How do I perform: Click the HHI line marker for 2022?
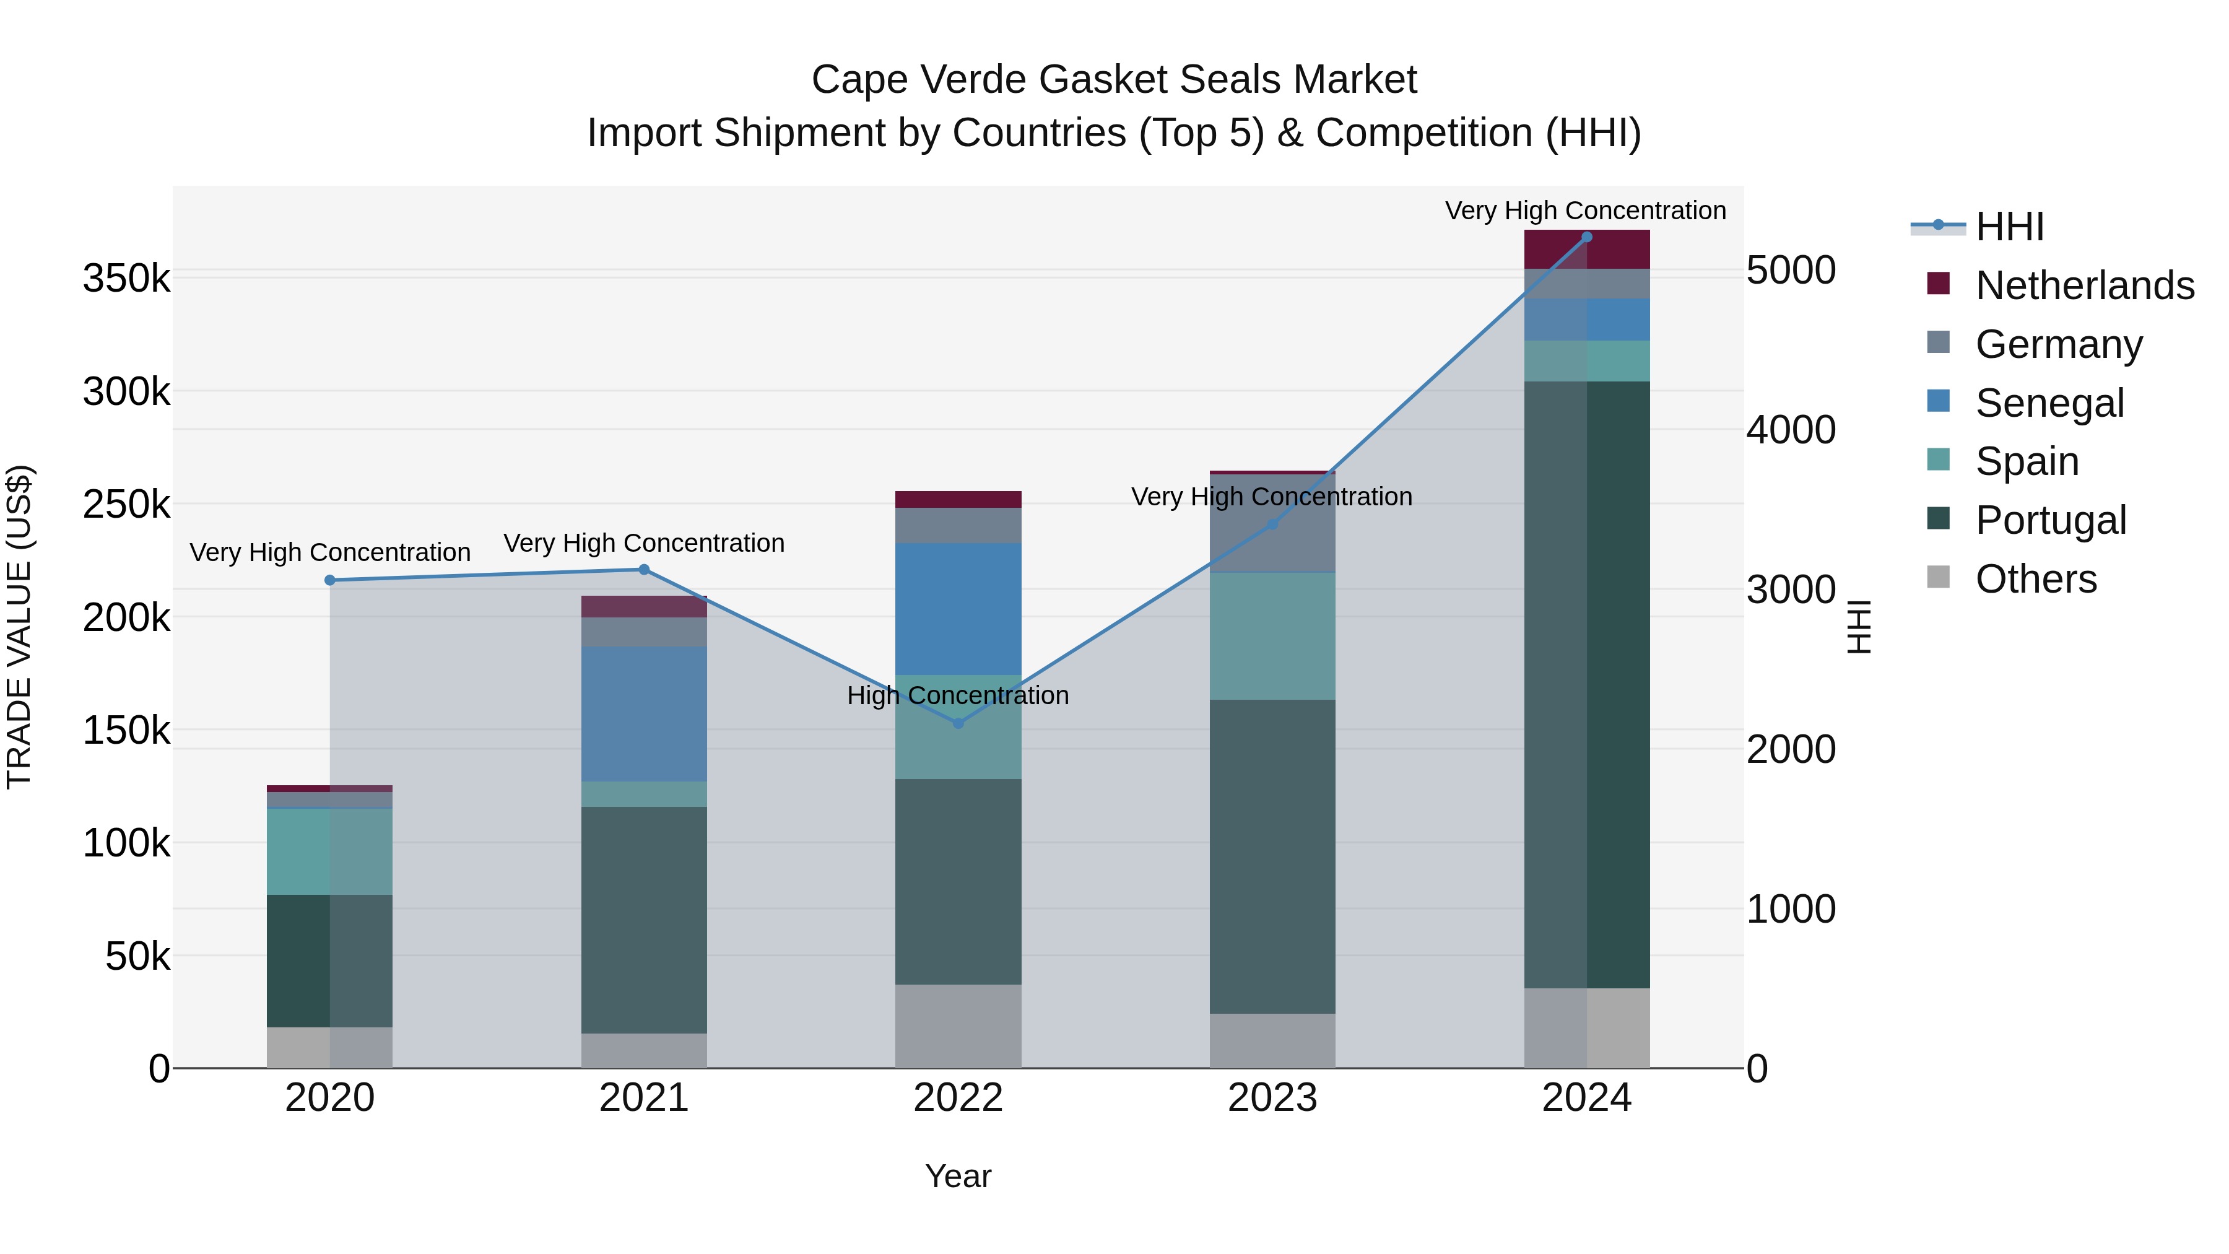tap(958, 723)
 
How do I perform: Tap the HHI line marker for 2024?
tap(1587, 237)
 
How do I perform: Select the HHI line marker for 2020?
tap(329, 580)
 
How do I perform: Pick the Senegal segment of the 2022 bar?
tap(958, 608)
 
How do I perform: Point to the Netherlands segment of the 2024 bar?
tap(1587, 249)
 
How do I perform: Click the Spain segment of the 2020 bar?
tap(329, 851)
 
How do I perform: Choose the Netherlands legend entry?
tap(2083, 285)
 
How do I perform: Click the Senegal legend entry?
tap(2049, 403)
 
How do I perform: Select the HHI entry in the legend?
tap(2009, 227)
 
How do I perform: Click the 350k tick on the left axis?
tap(126, 279)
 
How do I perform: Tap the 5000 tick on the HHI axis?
tap(1790, 270)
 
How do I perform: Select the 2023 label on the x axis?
tap(1272, 1098)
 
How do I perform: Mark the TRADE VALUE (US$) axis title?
tap(19, 627)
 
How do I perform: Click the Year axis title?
tap(958, 1176)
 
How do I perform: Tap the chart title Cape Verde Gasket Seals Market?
tap(1114, 80)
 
